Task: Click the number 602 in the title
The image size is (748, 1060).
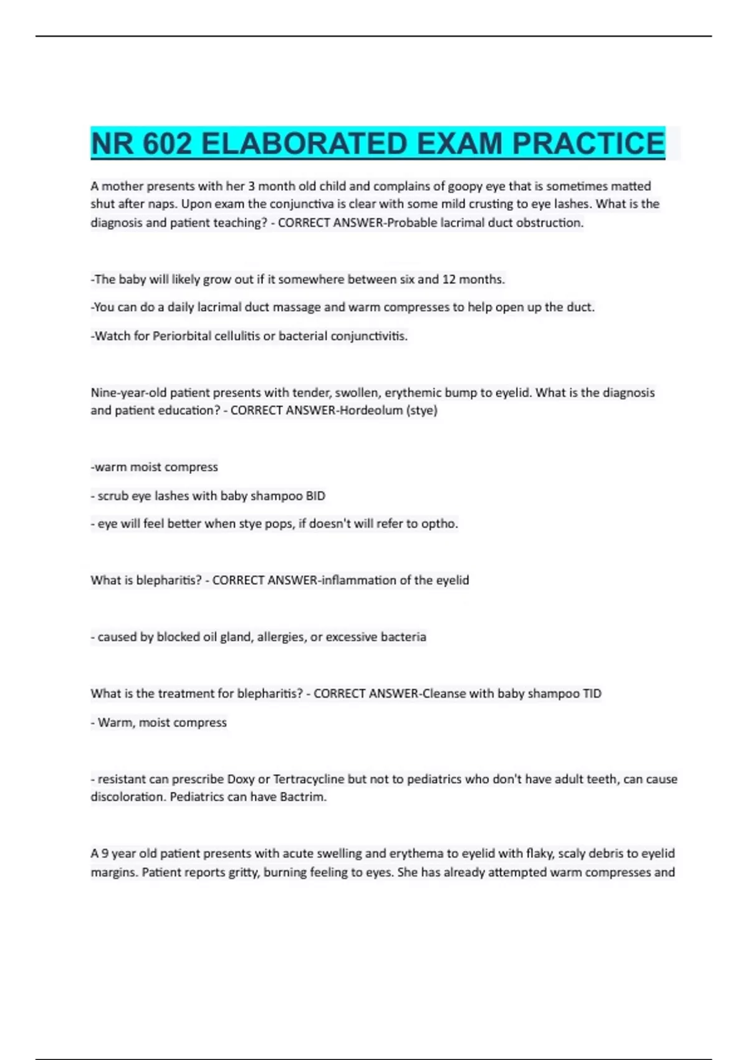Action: click(x=167, y=143)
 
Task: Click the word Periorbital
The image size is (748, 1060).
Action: click(x=182, y=336)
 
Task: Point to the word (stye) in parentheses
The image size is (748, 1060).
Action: click(x=422, y=410)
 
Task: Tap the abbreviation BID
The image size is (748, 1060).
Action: click(x=315, y=496)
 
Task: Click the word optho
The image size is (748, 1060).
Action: click(x=439, y=524)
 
